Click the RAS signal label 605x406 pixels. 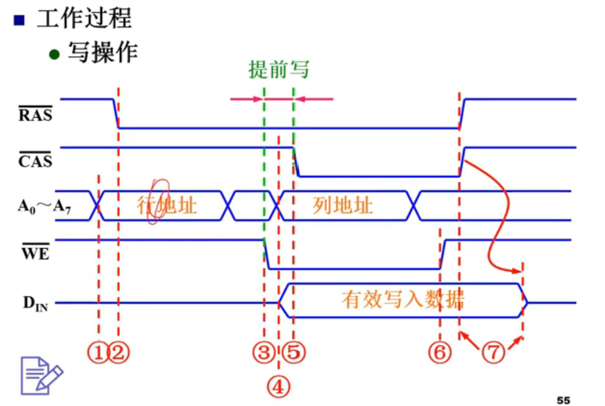click(36, 114)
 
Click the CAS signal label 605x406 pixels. click(36, 161)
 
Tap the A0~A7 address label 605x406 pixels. click(44, 206)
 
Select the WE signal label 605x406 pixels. click(36, 253)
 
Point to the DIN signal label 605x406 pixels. click(36, 304)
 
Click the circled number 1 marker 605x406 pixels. click(98, 353)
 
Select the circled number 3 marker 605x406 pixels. click(264, 353)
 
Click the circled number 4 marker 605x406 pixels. click(278, 387)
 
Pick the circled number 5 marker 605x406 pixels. click(294, 353)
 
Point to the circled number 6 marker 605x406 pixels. click(440, 353)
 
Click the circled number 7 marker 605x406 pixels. click(493, 353)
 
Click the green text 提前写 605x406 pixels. click(279, 70)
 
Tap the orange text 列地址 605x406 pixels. click(342, 205)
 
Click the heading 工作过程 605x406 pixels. click(84, 18)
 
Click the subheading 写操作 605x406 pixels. click(103, 52)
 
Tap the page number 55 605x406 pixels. click(563, 400)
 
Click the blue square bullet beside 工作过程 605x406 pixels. click(19, 20)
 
